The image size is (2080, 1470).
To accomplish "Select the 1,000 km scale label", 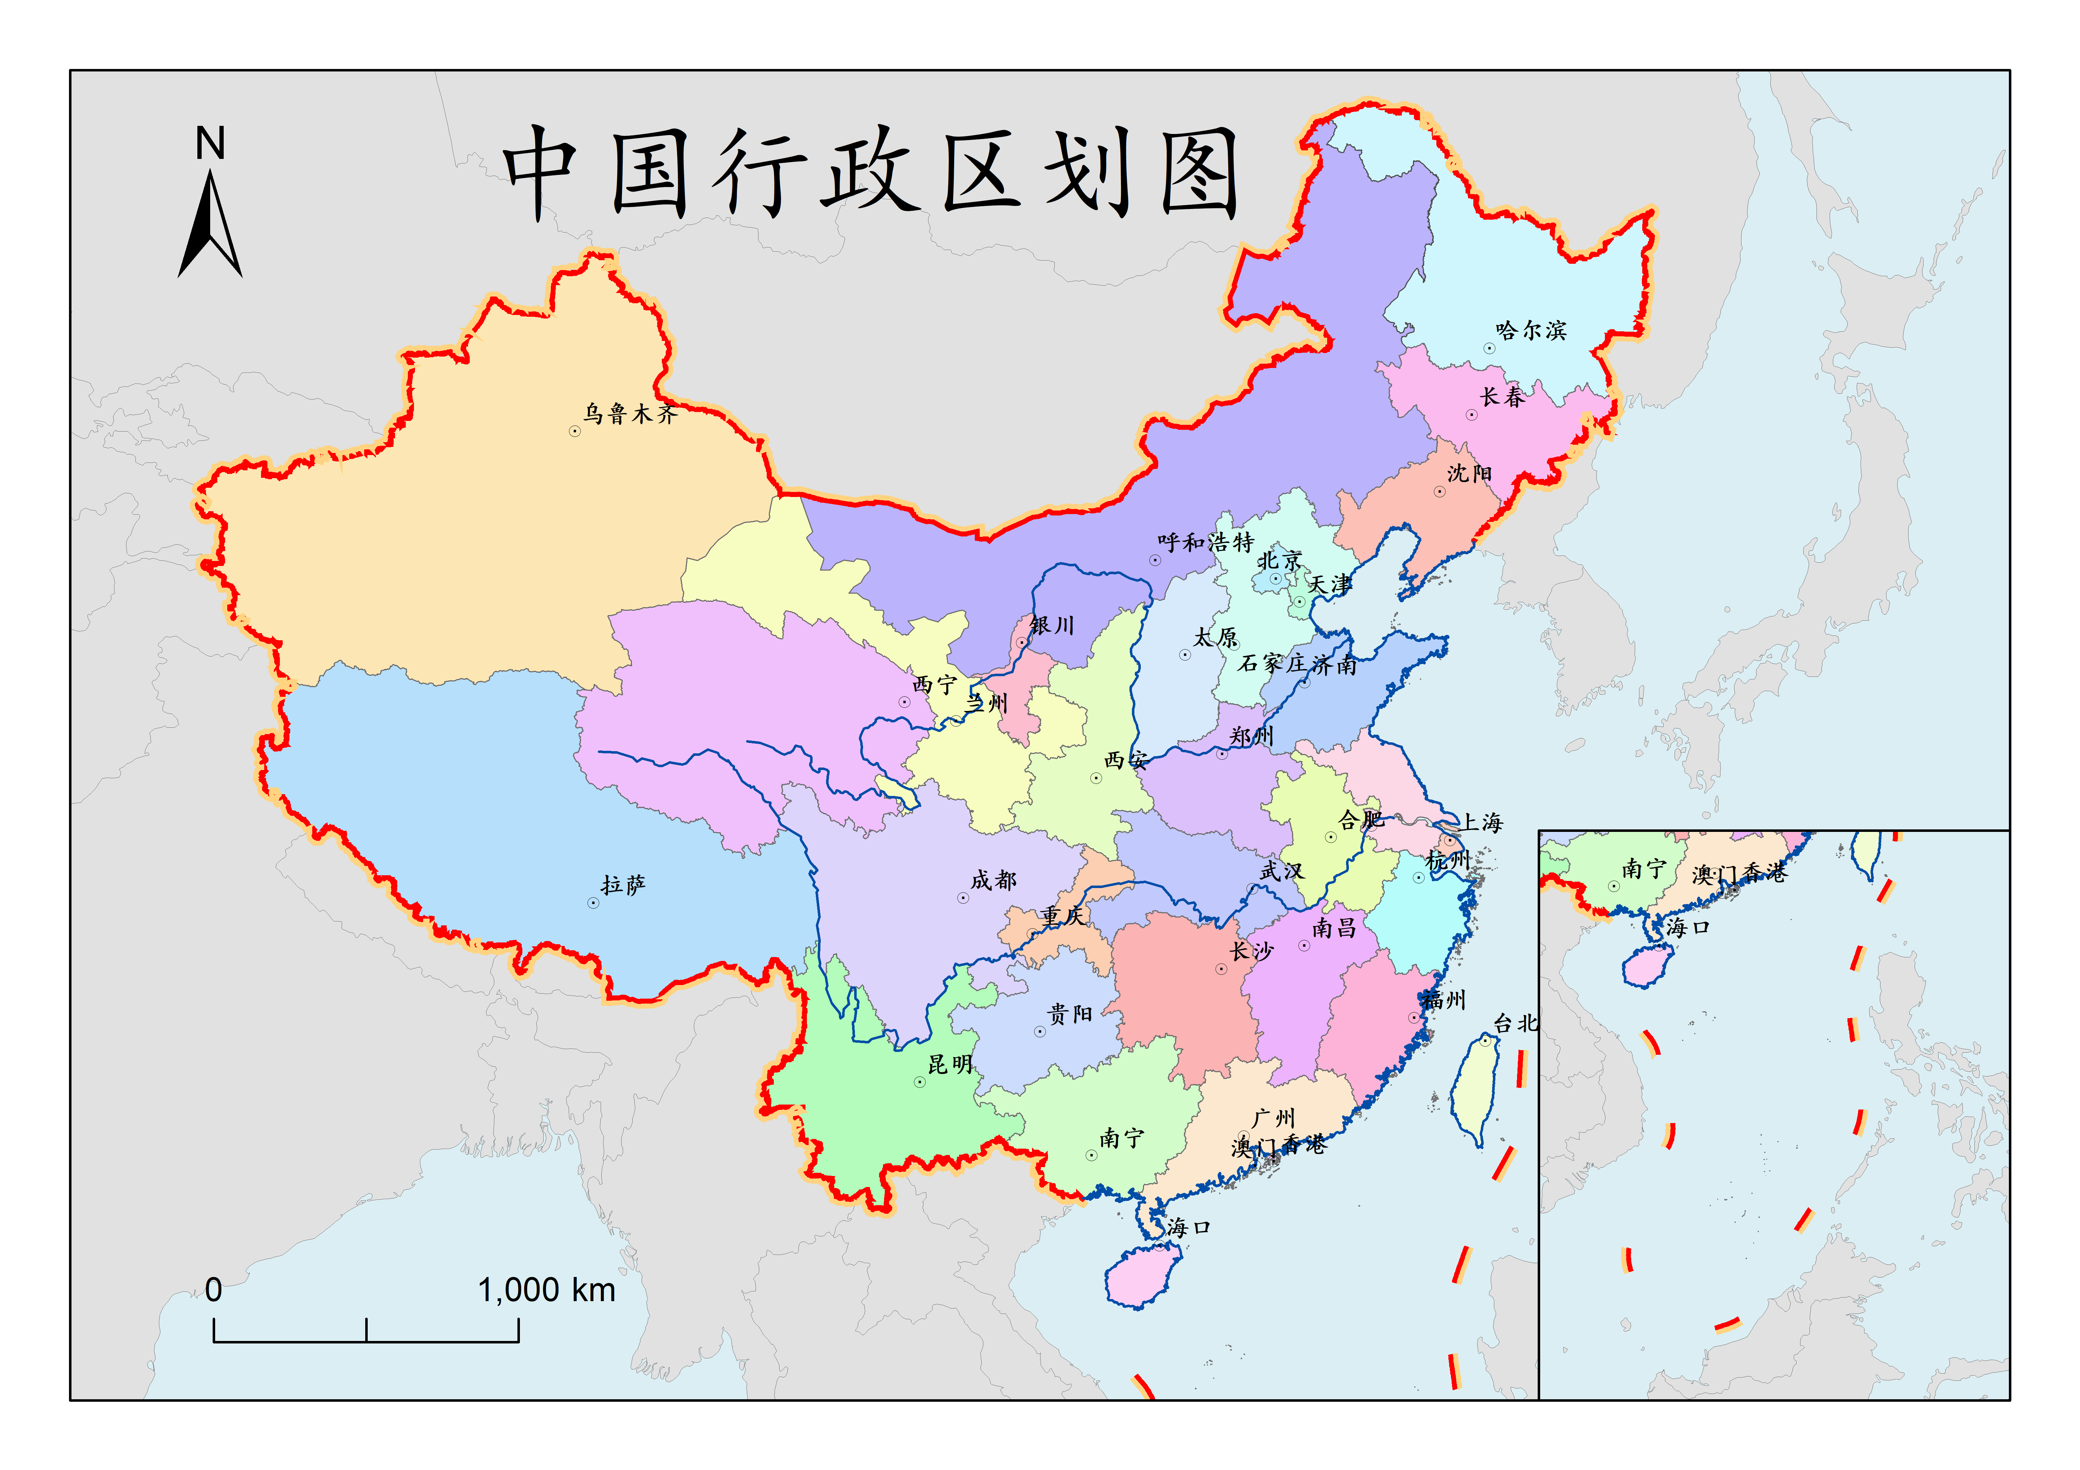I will pos(546,1290).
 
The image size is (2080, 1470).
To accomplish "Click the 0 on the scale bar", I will pos(214,1290).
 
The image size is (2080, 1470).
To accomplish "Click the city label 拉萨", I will pos(623,885).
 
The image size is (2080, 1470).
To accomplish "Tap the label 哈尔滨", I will pos(1531,331).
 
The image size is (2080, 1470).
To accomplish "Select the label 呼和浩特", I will pos(1205,542).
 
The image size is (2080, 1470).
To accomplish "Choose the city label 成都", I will pos(994,880).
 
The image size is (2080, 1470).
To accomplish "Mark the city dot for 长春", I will pos(1471,415).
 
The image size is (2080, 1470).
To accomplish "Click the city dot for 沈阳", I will pos(1440,492).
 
